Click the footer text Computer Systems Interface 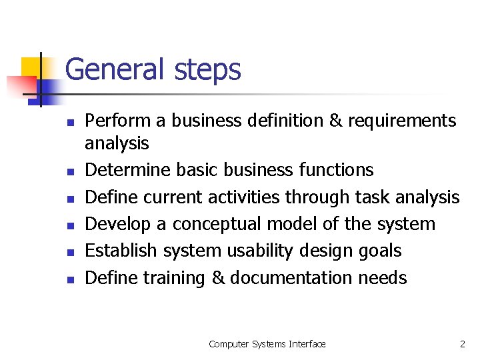(267, 344)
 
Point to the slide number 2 (462, 344)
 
